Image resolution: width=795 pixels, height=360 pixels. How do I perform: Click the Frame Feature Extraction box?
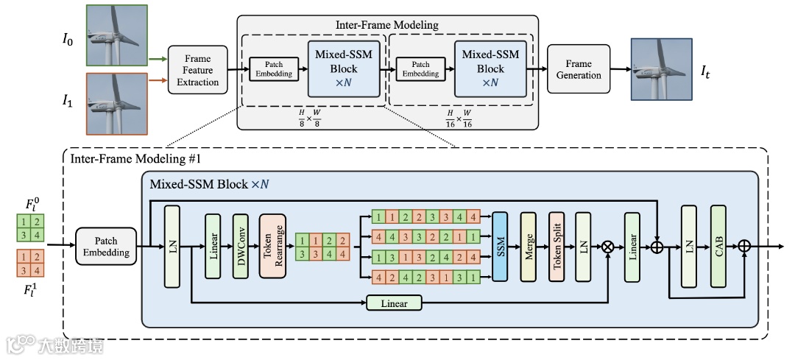pyautogui.click(x=198, y=70)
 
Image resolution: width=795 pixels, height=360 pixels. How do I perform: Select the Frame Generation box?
pyautogui.click(x=579, y=69)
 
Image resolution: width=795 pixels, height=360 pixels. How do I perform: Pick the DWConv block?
pyautogui.click(x=241, y=245)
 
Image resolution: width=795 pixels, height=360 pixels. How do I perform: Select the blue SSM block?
pyautogui.click(x=501, y=246)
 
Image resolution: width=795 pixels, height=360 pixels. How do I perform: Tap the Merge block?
pyautogui.click(x=529, y=246)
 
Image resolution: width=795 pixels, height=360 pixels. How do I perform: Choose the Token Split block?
pyautogui.click(x=556, y=246)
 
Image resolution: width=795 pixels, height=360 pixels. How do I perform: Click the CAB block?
pyautogui.click(x=718, y=246)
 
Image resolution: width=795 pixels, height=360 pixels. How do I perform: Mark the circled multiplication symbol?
pyautogui.click(x=609, y=247)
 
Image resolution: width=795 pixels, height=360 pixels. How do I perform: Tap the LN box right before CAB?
pyautogui.click(x=689, y=246)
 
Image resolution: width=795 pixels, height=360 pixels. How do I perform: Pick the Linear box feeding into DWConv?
pyautogui.click(x=213, y=245)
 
